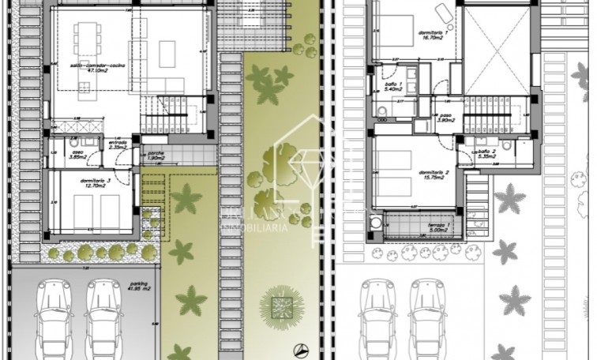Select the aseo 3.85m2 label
pos(77,155)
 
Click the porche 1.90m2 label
pos(156,156)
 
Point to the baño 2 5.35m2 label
pos(486,153)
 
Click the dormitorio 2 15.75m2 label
pos(434,174)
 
